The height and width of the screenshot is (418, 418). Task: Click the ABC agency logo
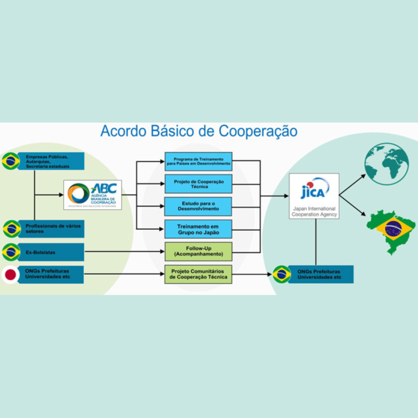[92, 194]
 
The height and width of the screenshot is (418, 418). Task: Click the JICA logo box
[314, 196]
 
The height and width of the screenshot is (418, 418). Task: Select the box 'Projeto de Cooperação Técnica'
[198, 184]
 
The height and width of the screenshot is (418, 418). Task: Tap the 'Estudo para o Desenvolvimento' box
[198, 206]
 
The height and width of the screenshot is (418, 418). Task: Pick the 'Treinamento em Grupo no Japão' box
[198, 229]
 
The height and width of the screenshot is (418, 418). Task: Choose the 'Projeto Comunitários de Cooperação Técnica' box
[198, 274]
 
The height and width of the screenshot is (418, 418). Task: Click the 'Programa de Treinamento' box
[198, 161]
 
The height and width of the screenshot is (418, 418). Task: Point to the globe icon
[386, 164]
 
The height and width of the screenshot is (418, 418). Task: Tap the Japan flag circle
[11, 274]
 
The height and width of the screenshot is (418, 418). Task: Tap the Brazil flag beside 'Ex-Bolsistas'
[11, 252]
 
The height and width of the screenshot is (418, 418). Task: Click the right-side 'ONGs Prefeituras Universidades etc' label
[320, 274]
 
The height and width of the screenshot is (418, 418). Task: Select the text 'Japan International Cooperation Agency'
[314, 211]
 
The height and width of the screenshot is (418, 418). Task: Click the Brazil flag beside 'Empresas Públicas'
[11, 161]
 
